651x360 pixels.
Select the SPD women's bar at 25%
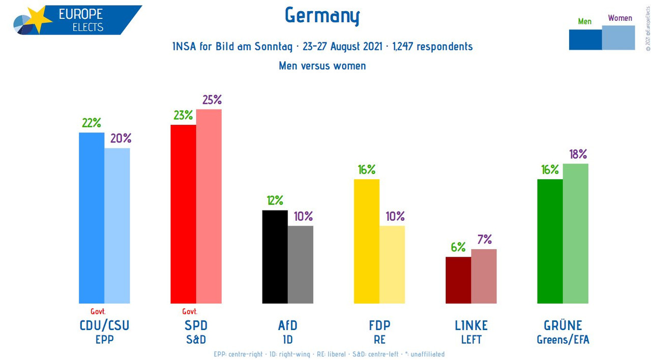[x=209, y=206]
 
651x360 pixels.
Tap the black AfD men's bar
[x=275, y=257]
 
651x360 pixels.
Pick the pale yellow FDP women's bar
[x=392, y=264]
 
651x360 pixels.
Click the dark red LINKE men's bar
[x=458, y=280]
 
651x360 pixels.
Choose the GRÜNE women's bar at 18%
[x=575, y=233]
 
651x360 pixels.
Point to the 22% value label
[x=92, y=123]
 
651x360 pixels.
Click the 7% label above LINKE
[x=484, y=239]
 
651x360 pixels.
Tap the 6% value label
[x=458, y=247]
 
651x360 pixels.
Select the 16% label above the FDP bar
[x=366, y=169]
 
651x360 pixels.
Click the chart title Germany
[x=322, y=16]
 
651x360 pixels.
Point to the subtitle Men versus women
[x=322, y=66]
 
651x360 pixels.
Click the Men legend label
[x=585, y=21]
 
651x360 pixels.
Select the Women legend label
[x=620, y=18]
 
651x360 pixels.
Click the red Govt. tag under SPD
[x=190, y=312]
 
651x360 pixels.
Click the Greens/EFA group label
[x=563, y=340]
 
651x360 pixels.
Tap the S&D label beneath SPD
[x=196, y=339]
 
